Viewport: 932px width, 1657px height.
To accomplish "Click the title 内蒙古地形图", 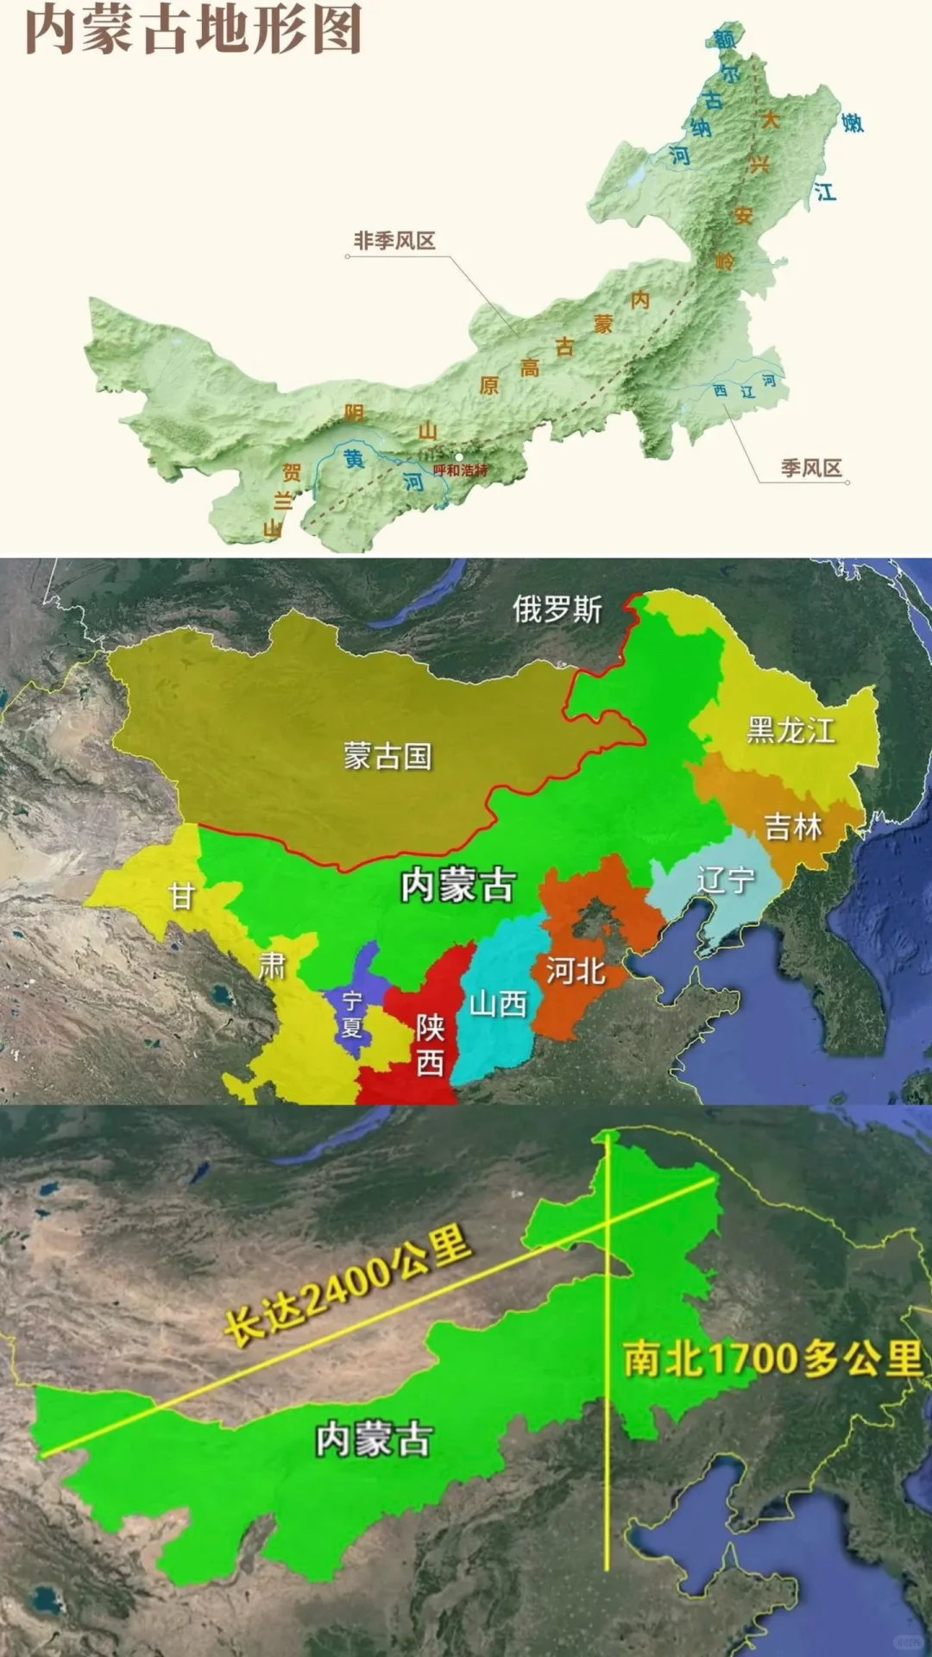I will [193, 29].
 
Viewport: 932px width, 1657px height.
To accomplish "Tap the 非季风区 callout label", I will [394, 241].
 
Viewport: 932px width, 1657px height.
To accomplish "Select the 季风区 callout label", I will [811, 468].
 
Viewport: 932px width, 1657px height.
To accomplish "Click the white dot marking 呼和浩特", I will [459, 457].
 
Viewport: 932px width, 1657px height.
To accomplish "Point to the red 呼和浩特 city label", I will [460, 470].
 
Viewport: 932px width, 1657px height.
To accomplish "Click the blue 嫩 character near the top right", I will [853, 123].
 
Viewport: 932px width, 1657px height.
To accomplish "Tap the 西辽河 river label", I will [745, 387].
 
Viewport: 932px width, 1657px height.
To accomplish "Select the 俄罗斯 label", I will [557, 609].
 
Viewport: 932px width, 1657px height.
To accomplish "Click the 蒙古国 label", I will [387, 756].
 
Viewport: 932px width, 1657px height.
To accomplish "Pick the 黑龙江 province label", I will [790, 730].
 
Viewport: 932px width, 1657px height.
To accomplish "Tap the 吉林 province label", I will [793, 827].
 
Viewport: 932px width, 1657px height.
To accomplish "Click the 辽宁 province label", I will [726, 880].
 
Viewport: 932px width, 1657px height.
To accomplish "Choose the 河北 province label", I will [576, 971].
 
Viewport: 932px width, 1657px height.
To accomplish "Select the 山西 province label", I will [498, 1004].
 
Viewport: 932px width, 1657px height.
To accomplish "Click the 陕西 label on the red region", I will [430, 1044].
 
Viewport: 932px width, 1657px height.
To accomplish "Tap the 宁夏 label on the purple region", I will [351, 1014].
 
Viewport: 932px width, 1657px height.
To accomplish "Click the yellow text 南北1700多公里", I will [772, 1359].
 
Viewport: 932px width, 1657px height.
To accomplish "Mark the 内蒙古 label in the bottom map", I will [374, 1440].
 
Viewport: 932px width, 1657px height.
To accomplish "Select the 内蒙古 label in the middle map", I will [458, 885].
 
